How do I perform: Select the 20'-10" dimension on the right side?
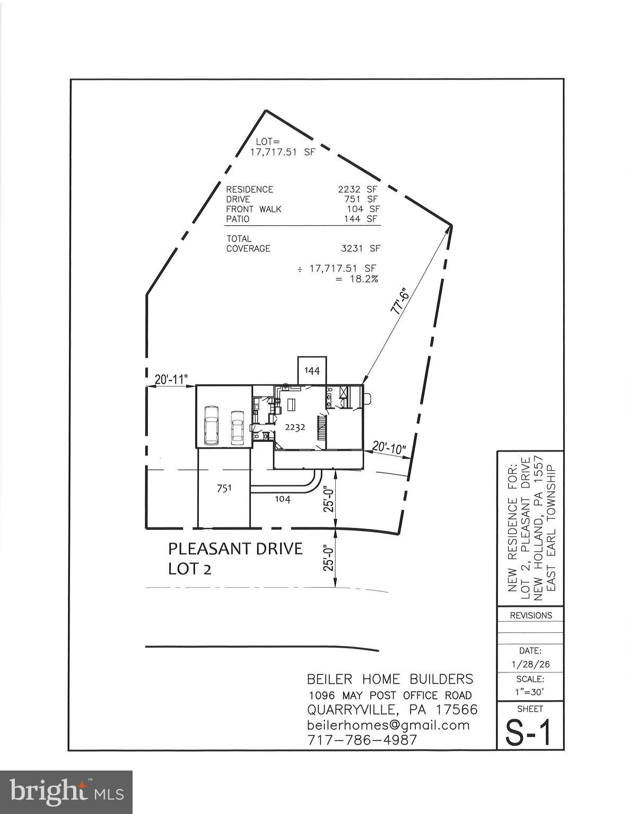point(389,448)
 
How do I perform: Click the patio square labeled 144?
point(312,371)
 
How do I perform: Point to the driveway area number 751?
point(223,488)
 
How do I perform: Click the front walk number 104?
point(282,499)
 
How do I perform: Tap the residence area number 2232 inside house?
point(294,428)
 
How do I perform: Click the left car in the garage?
point(212,424)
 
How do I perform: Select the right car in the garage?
point(237,427)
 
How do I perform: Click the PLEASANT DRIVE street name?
point(235,548)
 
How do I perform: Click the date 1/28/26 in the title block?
point(530,665)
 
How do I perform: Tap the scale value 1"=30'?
point(530,692)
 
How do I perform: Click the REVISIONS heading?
point(530,615)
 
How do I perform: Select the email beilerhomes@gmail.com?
point(388,725)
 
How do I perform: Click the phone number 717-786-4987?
point(362,740)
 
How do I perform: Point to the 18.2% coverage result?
point(364,279)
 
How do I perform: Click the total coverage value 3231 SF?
point(361,248)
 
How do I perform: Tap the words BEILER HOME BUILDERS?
point(390,679)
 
